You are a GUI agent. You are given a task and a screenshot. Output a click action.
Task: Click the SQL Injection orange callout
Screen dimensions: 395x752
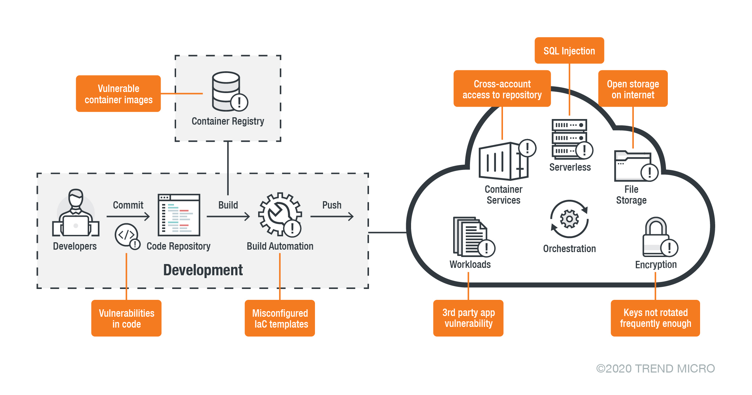[x=569, y=51]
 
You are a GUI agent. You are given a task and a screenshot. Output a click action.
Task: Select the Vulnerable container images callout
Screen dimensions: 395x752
[x=118, y=94]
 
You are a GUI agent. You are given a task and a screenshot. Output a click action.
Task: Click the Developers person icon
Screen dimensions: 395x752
[x=76, y=214]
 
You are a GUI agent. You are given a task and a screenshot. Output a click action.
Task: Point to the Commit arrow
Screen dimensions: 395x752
[x=128, y=217]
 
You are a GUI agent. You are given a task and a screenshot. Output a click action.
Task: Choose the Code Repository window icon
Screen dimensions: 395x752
[x=179, y=215]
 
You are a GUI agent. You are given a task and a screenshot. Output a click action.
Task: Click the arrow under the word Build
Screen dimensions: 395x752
[x=228, y=217]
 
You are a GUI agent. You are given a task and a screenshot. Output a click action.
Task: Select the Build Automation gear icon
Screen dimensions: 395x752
[x=280, y=214]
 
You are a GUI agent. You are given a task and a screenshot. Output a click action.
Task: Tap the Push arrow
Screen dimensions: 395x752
[x=332, y=217]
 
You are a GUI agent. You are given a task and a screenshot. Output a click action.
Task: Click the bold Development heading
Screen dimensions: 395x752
[x=203, y=270]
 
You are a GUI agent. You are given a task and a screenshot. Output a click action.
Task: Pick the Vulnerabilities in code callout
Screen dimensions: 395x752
[x=126, y=318]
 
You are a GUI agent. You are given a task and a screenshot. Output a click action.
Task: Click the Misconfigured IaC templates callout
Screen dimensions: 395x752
[x=280, y=318]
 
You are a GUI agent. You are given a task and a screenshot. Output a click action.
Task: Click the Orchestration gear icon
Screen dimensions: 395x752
[x=569, y=219]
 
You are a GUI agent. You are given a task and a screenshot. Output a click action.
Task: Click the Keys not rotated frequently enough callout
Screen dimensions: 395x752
[x=655, y=318]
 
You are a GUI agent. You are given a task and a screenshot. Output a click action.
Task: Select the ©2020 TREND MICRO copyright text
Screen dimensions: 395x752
[x=655, y=368]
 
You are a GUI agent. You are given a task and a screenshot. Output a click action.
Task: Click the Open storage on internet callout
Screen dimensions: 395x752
[x=633, y=89]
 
